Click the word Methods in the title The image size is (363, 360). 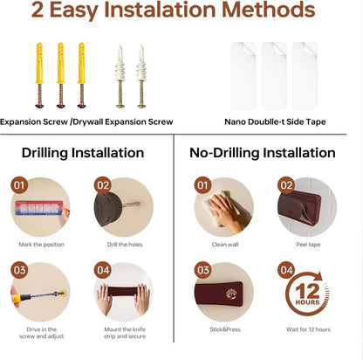[269, 10]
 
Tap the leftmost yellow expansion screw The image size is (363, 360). [39, 75]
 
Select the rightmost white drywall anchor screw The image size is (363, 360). [141, 76]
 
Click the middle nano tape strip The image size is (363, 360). [274, 76]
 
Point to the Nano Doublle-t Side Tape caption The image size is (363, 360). [275, 121]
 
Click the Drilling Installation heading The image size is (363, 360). [83, 153]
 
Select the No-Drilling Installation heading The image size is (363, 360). [263, 153]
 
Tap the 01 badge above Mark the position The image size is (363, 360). [19, 185]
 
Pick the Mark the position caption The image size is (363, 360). [42, 245]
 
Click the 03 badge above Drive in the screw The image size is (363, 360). [19, 270]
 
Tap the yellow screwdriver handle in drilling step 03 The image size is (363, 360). [20, 298]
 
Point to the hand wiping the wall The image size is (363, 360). [225, 212]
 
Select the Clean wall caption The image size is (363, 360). [225, 245]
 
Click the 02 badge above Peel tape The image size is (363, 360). [286, 185]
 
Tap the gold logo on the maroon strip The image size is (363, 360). [231, 294]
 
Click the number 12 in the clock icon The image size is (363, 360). [307, 290]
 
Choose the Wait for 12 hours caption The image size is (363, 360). [308, 329]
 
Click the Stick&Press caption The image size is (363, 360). [225, 329]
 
